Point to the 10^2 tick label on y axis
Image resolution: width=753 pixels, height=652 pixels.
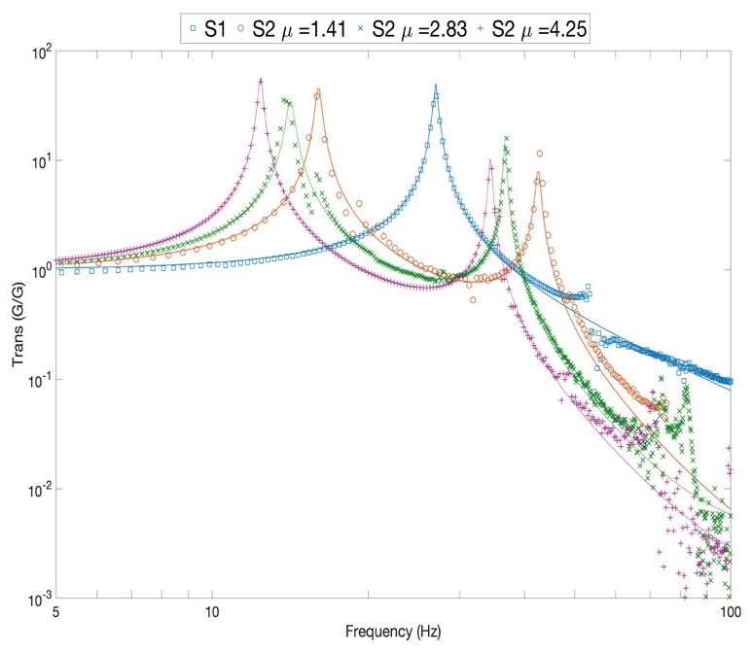click(x=37, y=51)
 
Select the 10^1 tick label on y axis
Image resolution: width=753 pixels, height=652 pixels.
click(x=37, y=160)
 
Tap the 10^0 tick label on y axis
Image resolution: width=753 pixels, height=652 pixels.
click(x=37, y=270)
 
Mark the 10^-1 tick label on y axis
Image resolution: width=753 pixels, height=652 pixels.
click(x=35, y=379)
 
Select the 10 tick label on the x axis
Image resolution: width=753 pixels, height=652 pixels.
click(x=212, y=613)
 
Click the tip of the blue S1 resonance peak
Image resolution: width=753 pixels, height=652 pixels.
click(x=436, y=85)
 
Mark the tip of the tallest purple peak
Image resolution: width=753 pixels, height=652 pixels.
click(x=260, y=79)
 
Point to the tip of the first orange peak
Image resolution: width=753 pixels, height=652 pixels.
click(x=318, y=90)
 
